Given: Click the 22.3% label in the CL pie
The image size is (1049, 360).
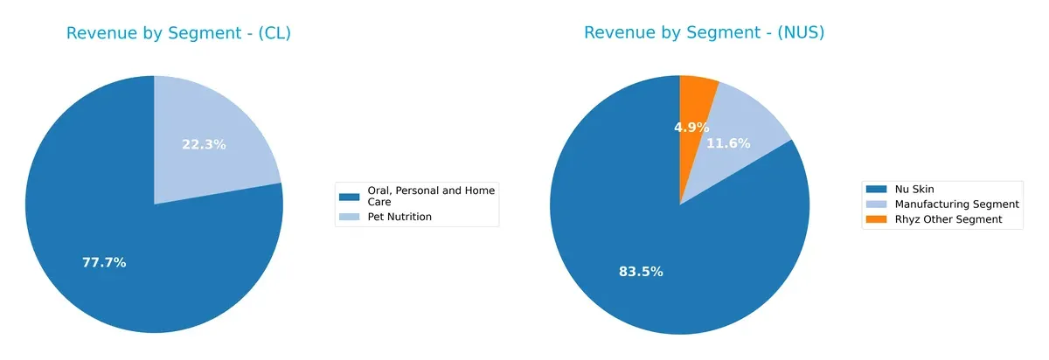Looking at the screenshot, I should pyautogui.click(x=204, y=144).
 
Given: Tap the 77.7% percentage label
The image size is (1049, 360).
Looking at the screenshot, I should pyautogui.click(x=104, y=262).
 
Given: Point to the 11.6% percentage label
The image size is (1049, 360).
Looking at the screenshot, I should pyautogui.click(x=728, y=143).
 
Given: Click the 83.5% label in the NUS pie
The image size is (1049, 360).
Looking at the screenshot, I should pyautogui.click(x=641, y=272).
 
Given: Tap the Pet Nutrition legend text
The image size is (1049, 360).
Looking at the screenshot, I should pyautogui.click(x=399, y=217).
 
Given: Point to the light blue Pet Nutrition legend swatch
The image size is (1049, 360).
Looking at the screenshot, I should pyautogui.click(x=350, y=217).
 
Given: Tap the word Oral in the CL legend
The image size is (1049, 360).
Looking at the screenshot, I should pyautogui.click(x=379, y=190).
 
